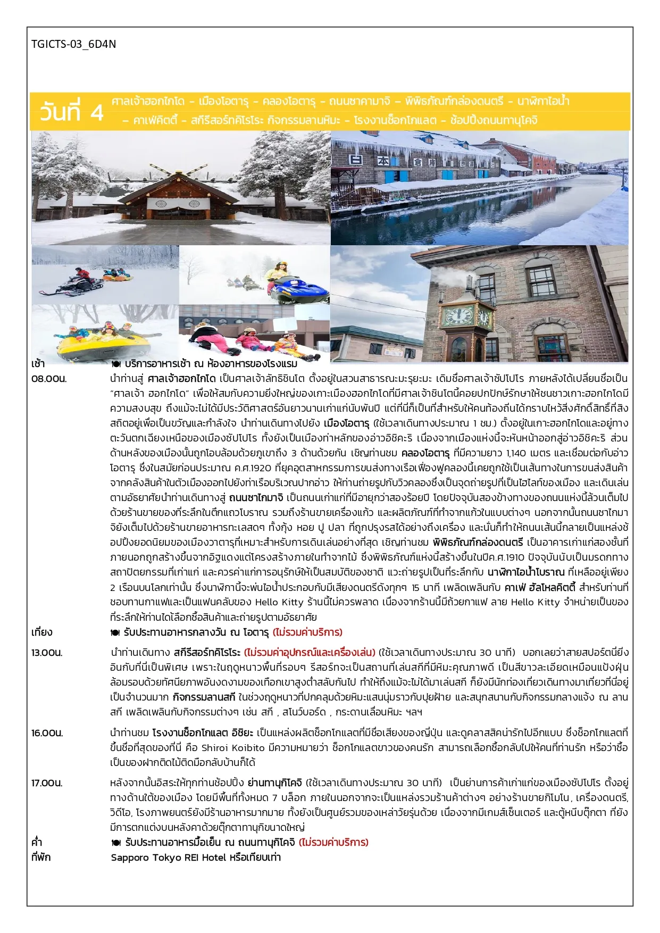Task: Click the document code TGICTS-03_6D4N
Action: tap(73, 44)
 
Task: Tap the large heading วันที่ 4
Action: tap(71, 112)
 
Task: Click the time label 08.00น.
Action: tap(49, 379)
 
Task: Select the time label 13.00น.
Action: tap(47, 653)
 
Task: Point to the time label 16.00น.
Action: tap(47, 733)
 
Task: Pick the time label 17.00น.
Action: tap(47, 783)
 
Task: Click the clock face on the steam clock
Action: tap(458, 316)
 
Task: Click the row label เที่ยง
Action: tap(41, 632)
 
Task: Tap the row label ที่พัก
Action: tap(41, 857)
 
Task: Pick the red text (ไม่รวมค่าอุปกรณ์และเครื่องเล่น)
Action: tap(310, 653)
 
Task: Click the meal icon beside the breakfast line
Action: tap(116, 364)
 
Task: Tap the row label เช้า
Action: tap(38, 364)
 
